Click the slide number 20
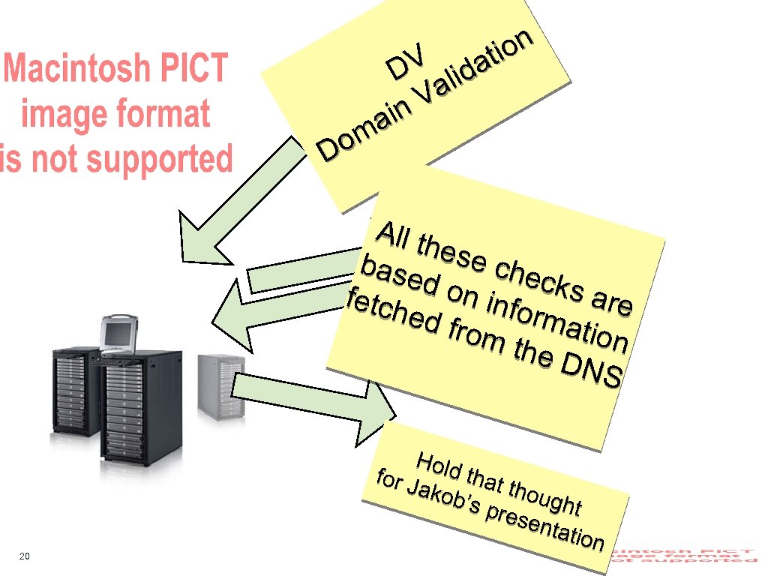[25, 556]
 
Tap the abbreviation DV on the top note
[407, 64]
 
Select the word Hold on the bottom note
[439, 466]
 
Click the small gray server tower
[220, 387]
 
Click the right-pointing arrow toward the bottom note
[315, 395]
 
